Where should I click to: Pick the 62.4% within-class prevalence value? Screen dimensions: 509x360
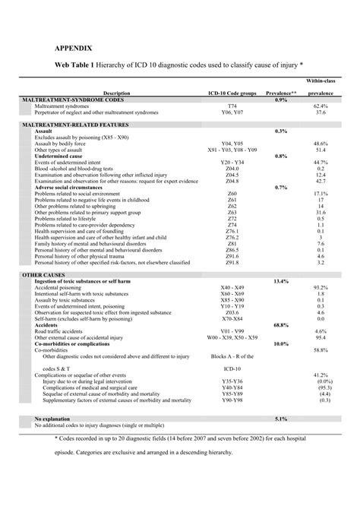pyautogui.click(x=320, y=106)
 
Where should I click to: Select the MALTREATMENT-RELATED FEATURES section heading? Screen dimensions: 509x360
pyautogui.click(x=76, y=124)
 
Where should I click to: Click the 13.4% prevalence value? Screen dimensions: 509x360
pyautogui.click(x=280, y=280)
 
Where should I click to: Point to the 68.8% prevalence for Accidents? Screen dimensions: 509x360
pyautogui.click(x=280, y=324)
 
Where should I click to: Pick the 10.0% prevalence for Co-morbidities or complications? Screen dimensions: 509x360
pyautogui.click(x=280, y=343)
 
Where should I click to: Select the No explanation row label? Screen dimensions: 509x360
pyautogui.click(x=55, y=419)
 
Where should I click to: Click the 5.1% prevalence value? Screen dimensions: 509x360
pyautogui.click(x=280, y=419)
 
